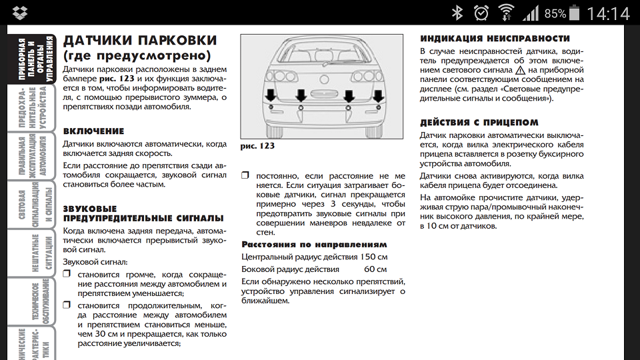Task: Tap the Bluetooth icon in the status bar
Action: pos(457,13)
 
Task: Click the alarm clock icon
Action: pos(481,13)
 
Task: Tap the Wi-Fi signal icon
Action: pos(507,13)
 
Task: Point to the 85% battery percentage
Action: pos(555,13)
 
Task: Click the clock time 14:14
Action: pos(607,13)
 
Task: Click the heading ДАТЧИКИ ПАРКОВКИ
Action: pos(139,41)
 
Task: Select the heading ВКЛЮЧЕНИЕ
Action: pos(93,131)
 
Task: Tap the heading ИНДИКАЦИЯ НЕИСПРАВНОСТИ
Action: pos(495,39)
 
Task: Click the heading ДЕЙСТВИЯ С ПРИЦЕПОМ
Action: pos(479,123)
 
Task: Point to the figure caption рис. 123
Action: pos(257,146)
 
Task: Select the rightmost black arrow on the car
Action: pos(377,95)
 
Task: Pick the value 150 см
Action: pos(373,257)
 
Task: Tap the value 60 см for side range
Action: pos(375,269)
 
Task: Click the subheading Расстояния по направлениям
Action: pos(313,245)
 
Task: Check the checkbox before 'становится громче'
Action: pos(67,274)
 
